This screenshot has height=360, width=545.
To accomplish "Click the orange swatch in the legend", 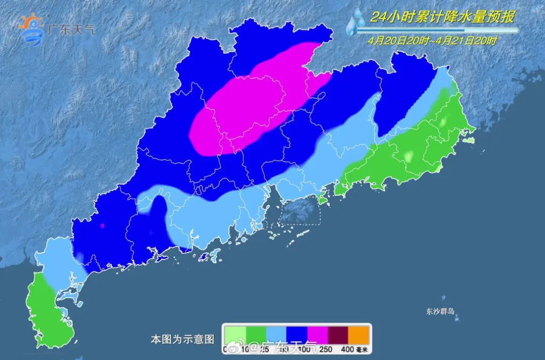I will pos(360,334).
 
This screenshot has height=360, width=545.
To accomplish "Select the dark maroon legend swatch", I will pos(339,334).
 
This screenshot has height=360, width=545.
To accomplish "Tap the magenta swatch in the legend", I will pos(318,334).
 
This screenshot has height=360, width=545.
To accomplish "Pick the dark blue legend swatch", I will pos(298,334).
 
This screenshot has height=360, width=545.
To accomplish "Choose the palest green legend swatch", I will pos(236,334).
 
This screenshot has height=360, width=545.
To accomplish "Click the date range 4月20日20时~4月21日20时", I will pos(432,41).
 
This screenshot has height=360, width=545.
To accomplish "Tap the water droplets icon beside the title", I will pos(357,23).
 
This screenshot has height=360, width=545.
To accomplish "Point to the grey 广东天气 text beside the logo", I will pos(70,29).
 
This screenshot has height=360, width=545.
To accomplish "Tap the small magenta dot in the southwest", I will pos(102,226).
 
